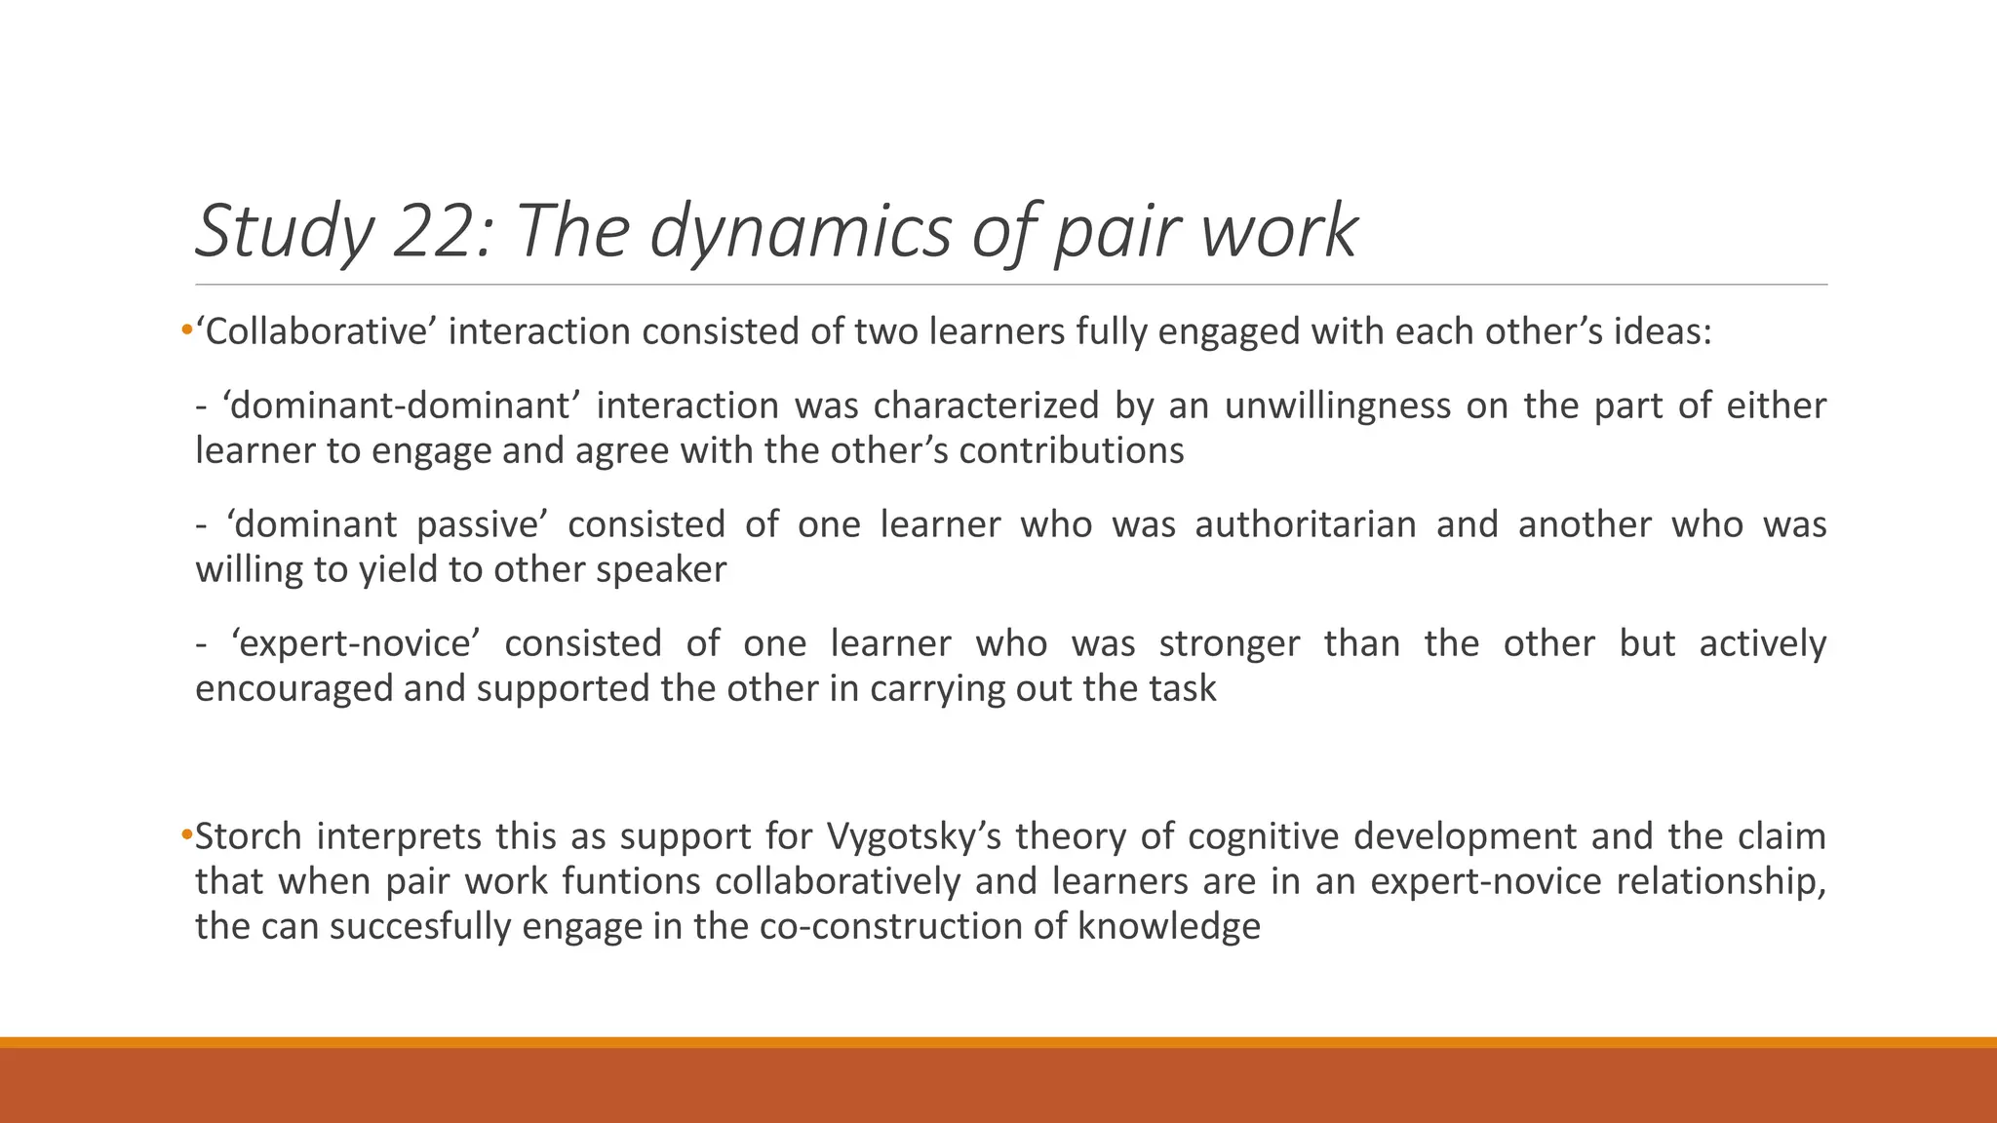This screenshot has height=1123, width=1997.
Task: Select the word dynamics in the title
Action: [x=800, y=232]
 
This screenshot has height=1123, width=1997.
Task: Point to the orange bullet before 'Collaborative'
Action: [x=186, y=332]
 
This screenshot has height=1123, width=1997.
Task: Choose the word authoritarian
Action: [x=1306, y=524]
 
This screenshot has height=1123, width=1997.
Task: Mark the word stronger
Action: [x=1230, y=643]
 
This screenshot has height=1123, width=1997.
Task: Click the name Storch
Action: [x=249, y=836]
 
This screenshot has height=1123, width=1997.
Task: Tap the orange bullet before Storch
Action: [x=186, y=836]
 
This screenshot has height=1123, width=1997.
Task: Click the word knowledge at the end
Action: [x=1169, y=926]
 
